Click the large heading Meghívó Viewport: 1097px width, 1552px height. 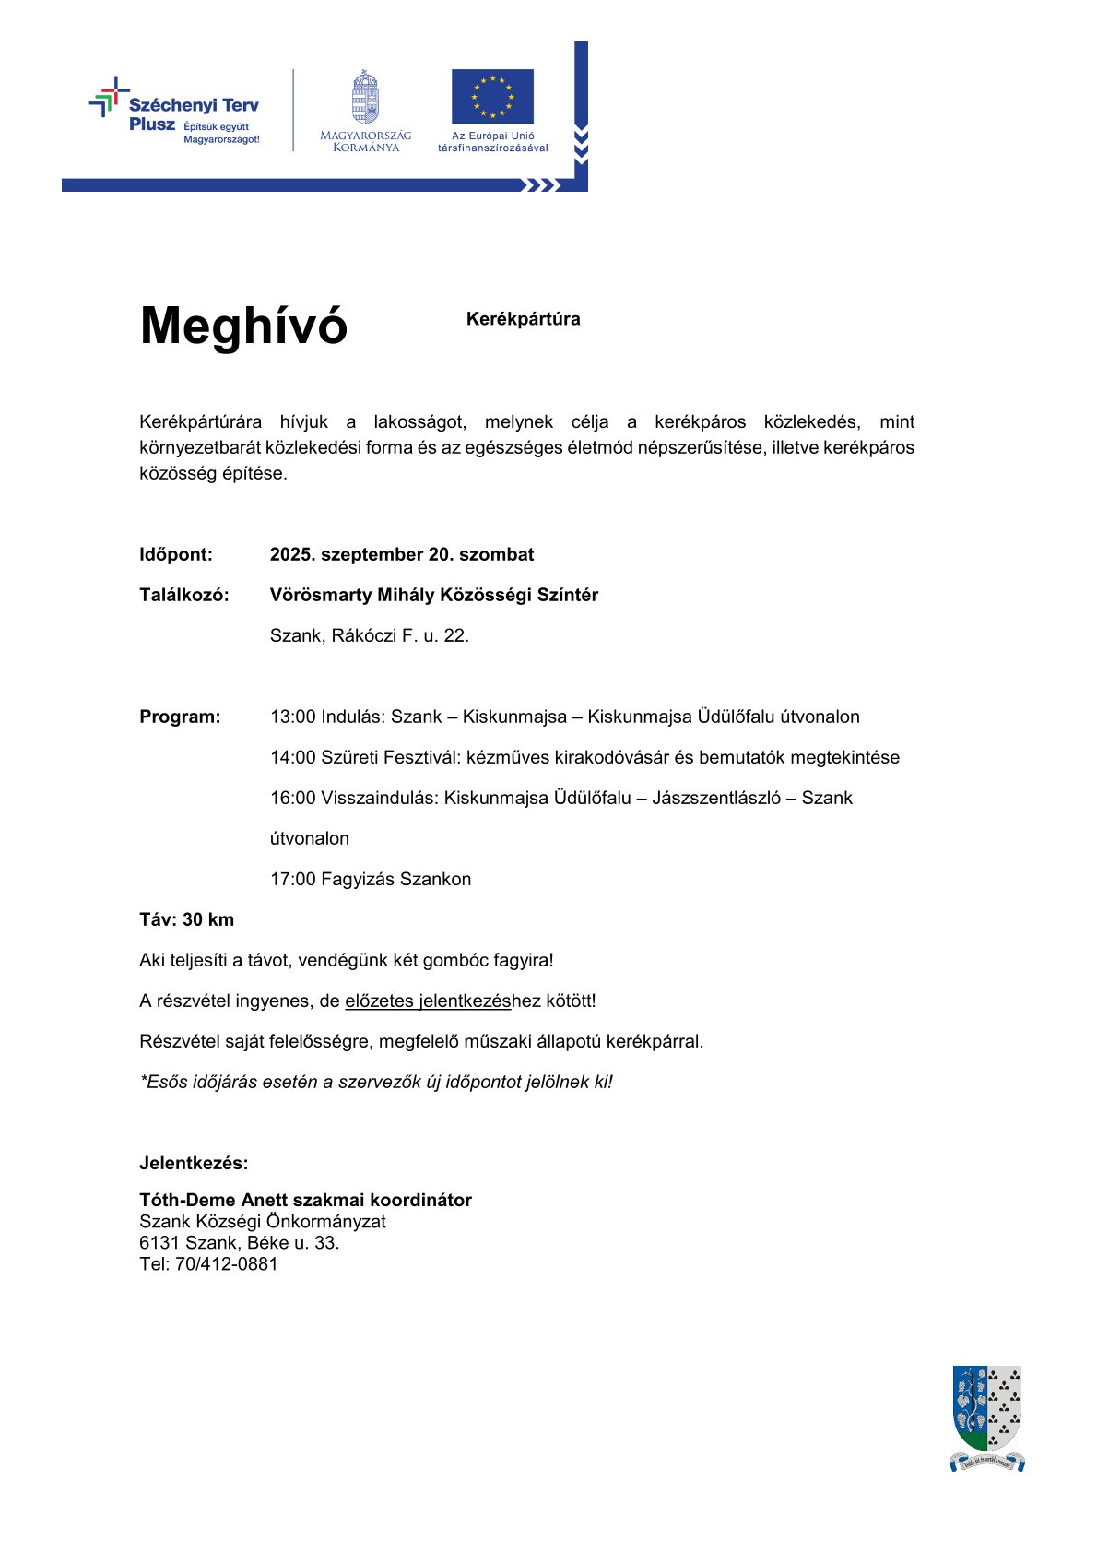[243, 326]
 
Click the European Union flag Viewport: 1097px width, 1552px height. [492, 96]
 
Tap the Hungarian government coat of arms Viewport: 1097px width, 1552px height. [366, 97]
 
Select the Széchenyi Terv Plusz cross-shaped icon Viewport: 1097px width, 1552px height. [109, 97]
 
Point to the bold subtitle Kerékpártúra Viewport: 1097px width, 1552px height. [523, 319]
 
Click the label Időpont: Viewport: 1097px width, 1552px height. [176, 555]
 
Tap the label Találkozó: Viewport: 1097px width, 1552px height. [184, 596]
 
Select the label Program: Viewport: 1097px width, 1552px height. [180, 717]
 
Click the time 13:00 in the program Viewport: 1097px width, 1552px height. [292, 717]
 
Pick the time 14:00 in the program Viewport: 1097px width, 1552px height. [292, 758]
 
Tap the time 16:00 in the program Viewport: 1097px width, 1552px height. [292, 799]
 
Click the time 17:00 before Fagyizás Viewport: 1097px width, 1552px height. [292, 880]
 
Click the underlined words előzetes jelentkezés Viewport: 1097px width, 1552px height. [428, 1001]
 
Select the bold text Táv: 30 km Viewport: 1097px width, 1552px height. [187, 920]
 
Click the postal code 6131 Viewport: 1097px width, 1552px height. [159, 1243]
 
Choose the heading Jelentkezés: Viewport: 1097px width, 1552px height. [194, 1164]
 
